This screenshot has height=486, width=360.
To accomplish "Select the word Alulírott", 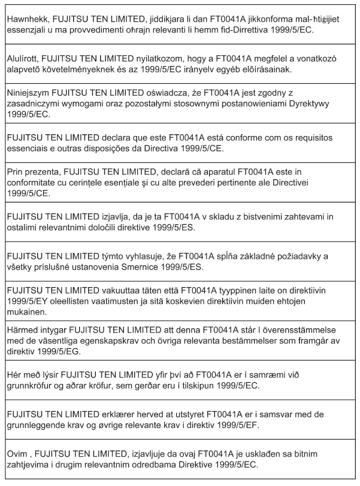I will [25, 58].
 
